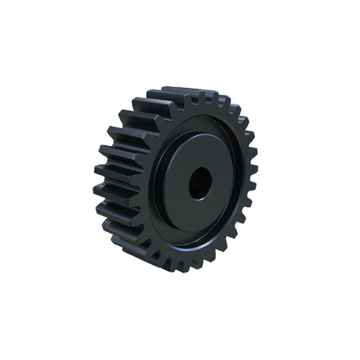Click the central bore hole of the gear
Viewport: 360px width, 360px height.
tap(199, 184)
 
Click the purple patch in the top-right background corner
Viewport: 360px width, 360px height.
tap(248, 94)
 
